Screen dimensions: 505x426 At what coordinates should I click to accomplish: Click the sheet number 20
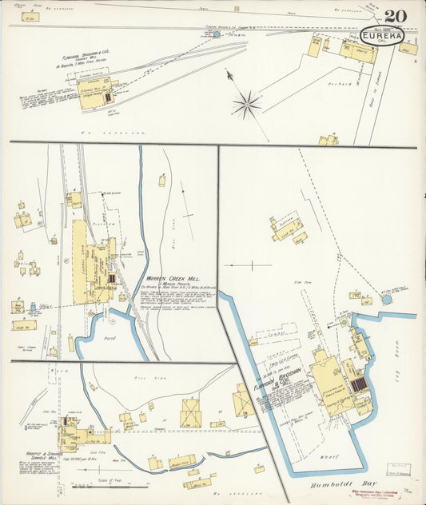click(x=394, y=16)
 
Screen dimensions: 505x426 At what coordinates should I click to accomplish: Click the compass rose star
click(x=248, y=103)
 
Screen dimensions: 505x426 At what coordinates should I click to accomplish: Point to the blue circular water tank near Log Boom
click(x=388, y=299)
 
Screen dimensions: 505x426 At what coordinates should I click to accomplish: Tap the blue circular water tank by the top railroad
click(x=216, y=35)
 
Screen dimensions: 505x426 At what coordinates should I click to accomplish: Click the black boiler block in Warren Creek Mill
click(x=112, y=279)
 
